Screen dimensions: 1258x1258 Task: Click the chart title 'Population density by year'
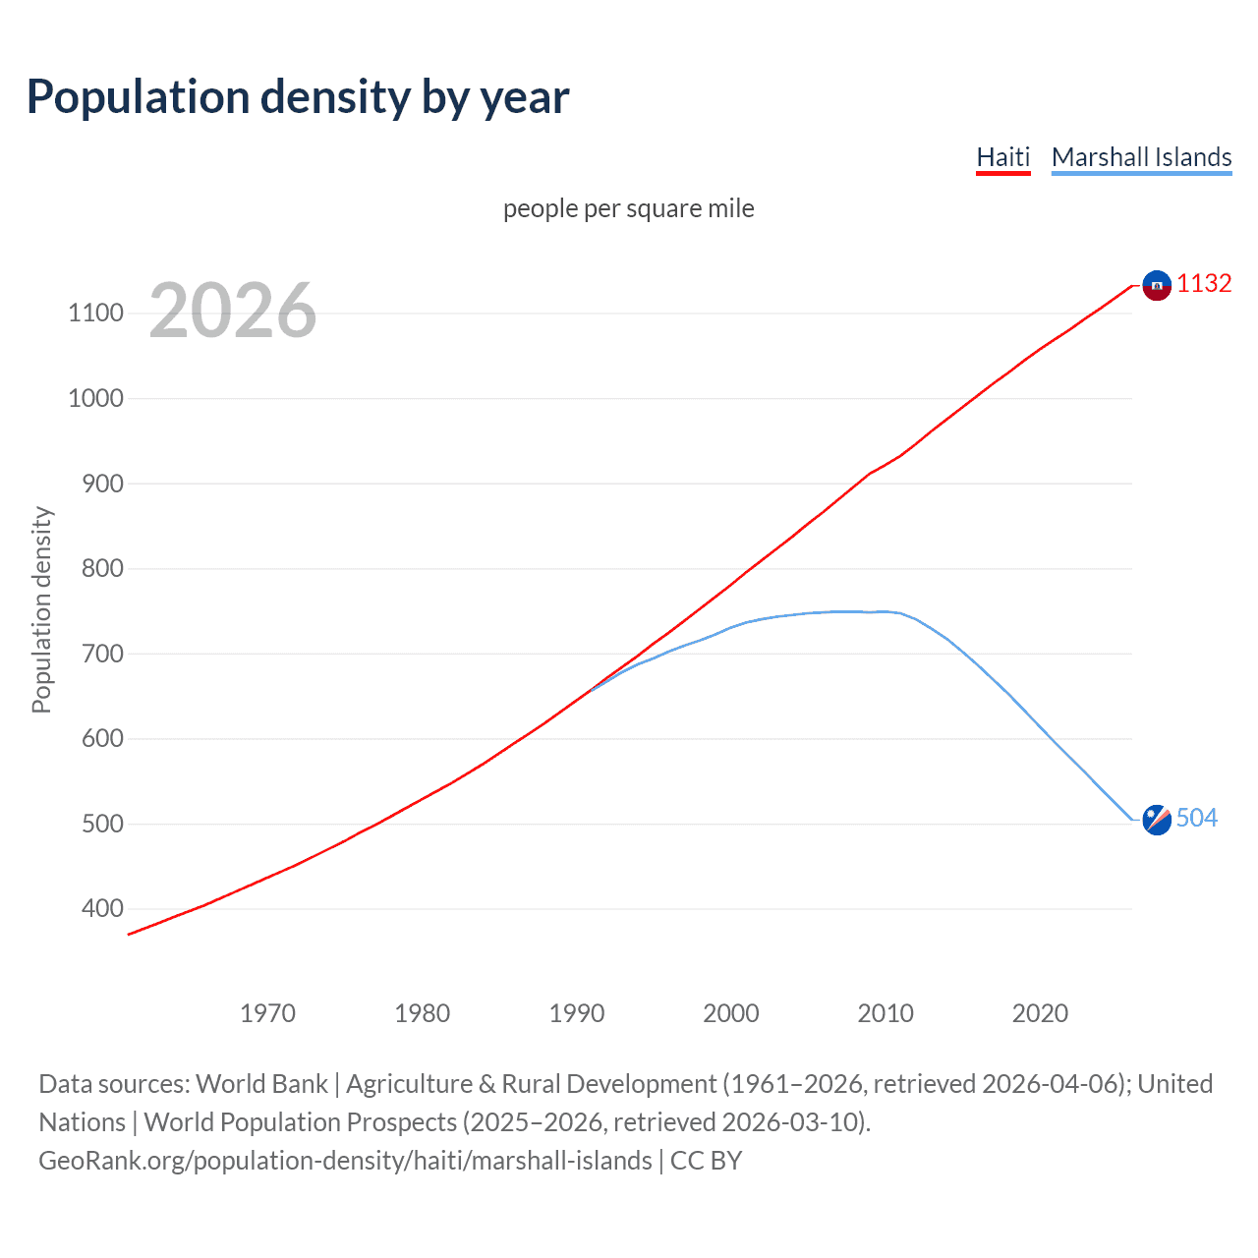pyautogui.click(x=297, y=97)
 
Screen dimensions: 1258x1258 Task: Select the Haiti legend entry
pyautogui.click(x=1002, y=157)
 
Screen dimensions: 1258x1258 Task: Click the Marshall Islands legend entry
pyautogui.click(x=1141, y=157)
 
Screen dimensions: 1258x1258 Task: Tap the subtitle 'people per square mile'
pyautogui.click(x=628, y=208)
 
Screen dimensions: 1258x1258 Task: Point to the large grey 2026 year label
pyautogui.click(x=233, y=311)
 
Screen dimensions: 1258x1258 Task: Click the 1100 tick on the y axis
pyautogui.click(x=95, y=314)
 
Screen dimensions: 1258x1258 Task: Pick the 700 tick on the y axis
pyautogui.click(x=102, y=654)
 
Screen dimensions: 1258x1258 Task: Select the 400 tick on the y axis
pyautogui.click(x=102, y=909)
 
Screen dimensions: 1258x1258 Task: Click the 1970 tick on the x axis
pyautogui.click(x=267, y=1013)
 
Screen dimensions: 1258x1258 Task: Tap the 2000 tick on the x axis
pyautogui.click(x=730, y=1013)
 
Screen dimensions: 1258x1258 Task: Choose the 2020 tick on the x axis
pyautogui.click(x=1040, y=1013)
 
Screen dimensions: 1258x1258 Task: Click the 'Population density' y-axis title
pyautogui.click(x=41, y=609)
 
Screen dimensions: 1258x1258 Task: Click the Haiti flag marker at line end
pyautogui.click(x=1157, y=285)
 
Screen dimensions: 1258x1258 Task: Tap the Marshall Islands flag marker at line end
pyautogui.click(x=1157, y=820)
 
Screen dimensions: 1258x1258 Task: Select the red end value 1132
pyautogui.click(x=1204, y=284)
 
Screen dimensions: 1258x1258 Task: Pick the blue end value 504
pyautogui.click(x=1196, y=819)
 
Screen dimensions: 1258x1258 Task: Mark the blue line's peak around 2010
pyautogui.click(x=885, y=611)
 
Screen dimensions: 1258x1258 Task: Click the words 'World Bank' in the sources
pyautogui.click(x=261, y=1084)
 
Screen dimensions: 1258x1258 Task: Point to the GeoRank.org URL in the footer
pyautogui.click(x=345, y=1161)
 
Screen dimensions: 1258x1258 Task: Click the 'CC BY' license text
pyautogui.click(x=706, y=1161)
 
